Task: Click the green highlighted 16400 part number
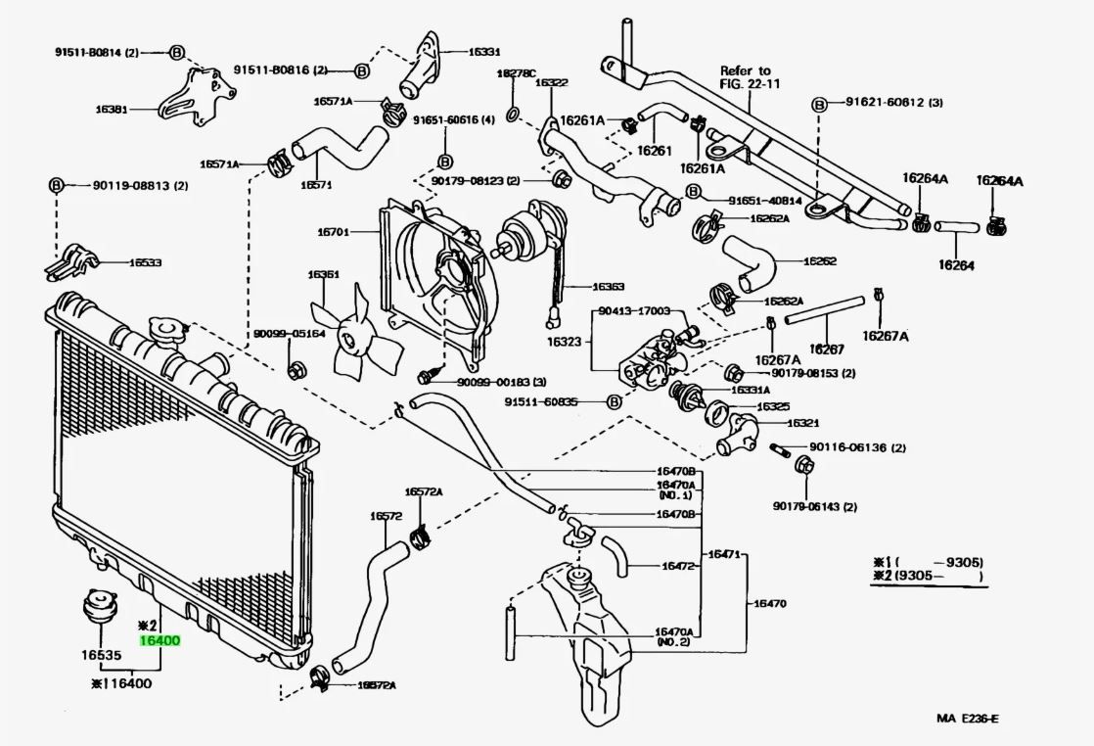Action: (x=160, y=641)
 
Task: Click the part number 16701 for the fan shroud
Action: (x=333, y=231)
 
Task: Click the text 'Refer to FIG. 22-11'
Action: (x=746, y=77)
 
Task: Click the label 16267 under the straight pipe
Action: (x=827, y=349)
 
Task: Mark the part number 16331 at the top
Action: (x=483, y=52)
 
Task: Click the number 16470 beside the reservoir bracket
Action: (x=769, y=603)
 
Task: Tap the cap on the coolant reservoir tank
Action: (x=576, y=577)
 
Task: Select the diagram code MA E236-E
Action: (x=967, y=720)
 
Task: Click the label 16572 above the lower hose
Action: (x=386, y=516)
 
